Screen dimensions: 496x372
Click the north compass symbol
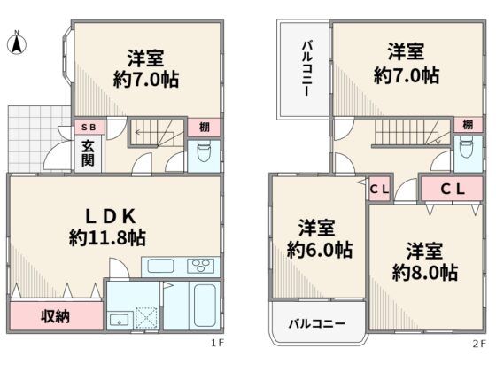[17, 43]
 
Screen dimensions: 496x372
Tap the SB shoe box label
[89, 128]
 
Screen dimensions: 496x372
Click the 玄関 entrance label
[88, 153]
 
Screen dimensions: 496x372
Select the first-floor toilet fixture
[204, 151]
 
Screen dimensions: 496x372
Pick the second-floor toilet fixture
[467, 146]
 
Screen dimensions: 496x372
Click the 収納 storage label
[55, 316]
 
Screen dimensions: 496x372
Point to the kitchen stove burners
[201, 266]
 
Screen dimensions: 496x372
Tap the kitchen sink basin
[160, 266]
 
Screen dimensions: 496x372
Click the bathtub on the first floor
[205, 306]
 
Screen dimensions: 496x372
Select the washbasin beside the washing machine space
[120, 320]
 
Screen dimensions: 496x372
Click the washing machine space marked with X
[146, 318]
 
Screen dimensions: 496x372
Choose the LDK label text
[111, 217]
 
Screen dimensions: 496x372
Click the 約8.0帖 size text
[425, 273]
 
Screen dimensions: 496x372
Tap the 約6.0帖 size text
[320, 250]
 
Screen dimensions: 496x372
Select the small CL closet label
[379, 190]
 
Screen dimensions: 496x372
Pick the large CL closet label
[453, 190]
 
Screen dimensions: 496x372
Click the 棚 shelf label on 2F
[469, 124]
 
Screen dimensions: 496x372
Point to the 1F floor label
[217, 343]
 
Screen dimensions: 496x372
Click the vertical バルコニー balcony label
[306, 68]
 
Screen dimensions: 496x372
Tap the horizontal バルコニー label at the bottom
[317, 323]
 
